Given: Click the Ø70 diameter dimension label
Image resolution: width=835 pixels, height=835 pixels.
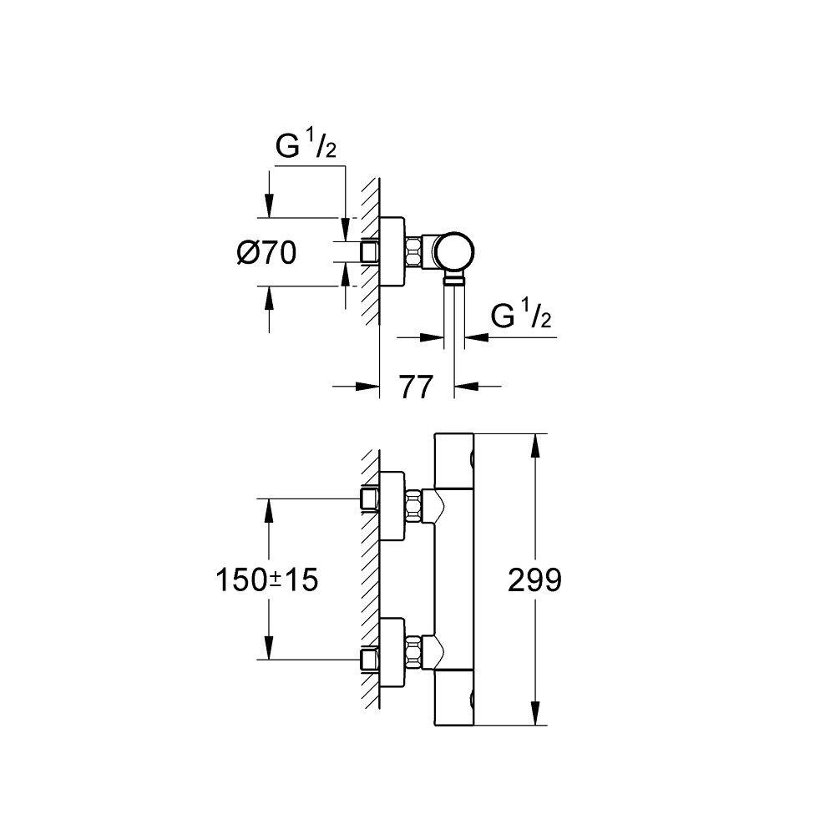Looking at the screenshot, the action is tap(266, 252).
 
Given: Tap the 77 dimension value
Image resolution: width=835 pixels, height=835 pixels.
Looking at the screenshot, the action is tap(417, 387).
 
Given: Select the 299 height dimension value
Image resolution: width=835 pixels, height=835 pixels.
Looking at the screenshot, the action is tap(534, 580).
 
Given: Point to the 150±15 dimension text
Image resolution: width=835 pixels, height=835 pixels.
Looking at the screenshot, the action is tap(267, 580).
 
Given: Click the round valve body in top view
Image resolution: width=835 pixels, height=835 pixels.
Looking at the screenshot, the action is tap(453, 252).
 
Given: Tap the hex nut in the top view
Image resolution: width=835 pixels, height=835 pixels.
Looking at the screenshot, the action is tap(413, 252).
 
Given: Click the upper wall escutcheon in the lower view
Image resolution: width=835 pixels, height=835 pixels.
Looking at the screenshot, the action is tap(392, 505).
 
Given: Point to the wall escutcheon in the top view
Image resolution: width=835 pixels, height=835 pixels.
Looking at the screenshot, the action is tap(392, 252).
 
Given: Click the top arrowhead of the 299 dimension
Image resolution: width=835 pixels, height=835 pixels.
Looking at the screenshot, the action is tap(536, 446).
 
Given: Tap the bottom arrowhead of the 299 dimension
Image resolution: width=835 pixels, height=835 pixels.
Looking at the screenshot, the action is tap(536, 713).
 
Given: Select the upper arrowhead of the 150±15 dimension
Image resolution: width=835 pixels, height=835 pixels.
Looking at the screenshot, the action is tap(269, 511).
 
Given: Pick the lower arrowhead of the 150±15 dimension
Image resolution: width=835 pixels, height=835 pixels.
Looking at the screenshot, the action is tap(269, 647).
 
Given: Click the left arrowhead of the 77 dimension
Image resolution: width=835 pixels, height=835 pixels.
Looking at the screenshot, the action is tap(367, 387).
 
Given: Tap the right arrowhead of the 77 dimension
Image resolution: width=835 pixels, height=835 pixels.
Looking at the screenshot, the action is tap(466, 387).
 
